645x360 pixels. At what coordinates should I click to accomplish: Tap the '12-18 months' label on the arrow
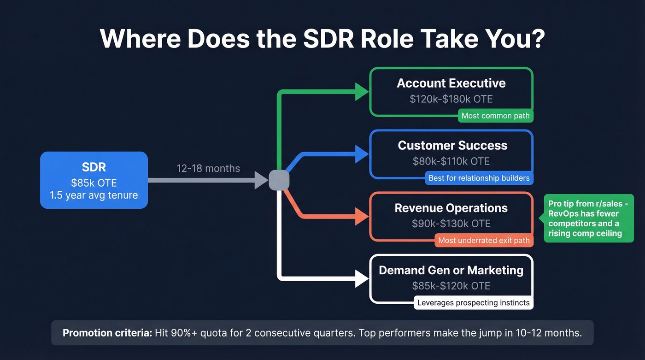pyautogui.click(x=208, y=168)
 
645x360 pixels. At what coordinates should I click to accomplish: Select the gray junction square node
pyautogui.click(x=279, y=180)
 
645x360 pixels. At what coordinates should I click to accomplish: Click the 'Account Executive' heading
pyautogui.click(x=451, y=83)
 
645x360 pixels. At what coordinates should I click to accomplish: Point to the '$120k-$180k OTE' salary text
pyautogui.click(x=451, y=99)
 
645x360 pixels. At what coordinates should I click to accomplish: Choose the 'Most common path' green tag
pyautogui.click(x=495, y=116)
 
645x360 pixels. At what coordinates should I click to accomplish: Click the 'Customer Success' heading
pyautogui.click(x=452, y=146)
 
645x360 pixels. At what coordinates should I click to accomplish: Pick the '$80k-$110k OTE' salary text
pyautogui.click(x=451, y=161)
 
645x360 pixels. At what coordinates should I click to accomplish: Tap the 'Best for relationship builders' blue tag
pyautogui.click(x=479, y=178)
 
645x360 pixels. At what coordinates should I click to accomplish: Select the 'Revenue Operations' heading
pyautogui.click(x=451, y=208)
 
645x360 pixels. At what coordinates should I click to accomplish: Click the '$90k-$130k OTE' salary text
pyautogui.click(x=451, y=224)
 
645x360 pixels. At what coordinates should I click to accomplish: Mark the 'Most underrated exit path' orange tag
pyautogui.click(x=484, y=240)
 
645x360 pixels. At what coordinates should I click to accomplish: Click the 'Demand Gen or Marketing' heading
pyautogui.click(x=451, y=270)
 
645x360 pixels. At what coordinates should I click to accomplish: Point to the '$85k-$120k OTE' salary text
pyautogui.click(x=451, y=286)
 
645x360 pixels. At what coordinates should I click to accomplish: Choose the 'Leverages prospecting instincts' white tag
pyautogui.click(x=474, y=303)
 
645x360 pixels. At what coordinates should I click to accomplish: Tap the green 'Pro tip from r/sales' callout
pyautogui.click(x=588, y=218)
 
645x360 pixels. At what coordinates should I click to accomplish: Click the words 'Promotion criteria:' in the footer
pyautogui.click(x=107, y=333)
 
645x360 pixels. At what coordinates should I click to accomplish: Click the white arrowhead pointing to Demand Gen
pyautogui.click(x=362, y=279)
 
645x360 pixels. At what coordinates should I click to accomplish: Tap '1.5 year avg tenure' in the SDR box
pyautogui.click(x=94, y=195)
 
